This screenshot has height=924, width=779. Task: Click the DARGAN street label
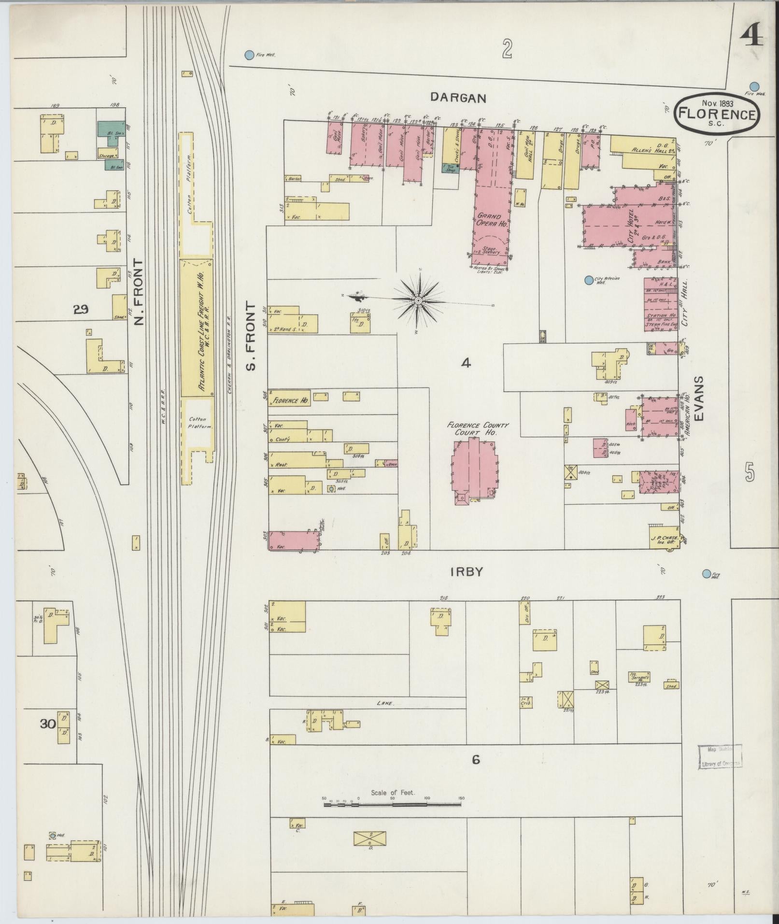458,98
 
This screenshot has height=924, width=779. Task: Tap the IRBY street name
466,572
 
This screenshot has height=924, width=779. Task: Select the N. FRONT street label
140,292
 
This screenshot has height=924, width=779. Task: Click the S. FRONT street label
250,336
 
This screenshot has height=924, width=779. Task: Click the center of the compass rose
419,301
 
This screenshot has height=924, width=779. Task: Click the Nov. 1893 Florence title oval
717,114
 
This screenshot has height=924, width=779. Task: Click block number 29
81,310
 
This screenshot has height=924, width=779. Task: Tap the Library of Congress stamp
720,756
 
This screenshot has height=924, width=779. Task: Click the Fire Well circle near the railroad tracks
249,55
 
